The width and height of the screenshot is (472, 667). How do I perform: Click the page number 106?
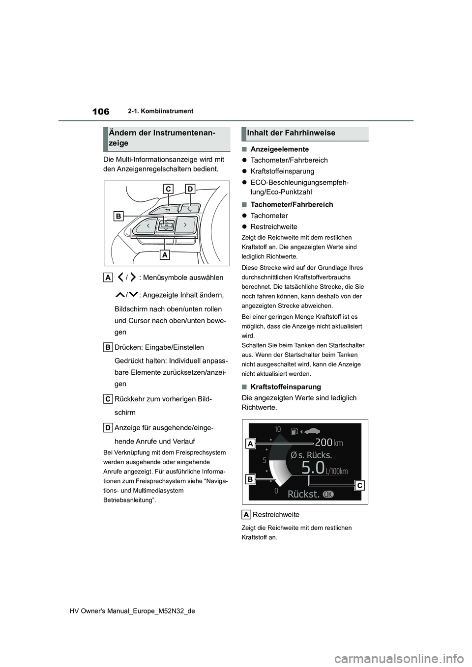tap(100, 112)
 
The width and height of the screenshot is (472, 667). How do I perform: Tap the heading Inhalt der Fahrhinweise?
tap(291, 133)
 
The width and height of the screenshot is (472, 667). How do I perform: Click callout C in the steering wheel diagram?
tap(168, 189)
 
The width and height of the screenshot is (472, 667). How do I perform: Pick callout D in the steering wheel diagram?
tap(190, 189)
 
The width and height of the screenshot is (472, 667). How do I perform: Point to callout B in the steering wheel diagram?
tap(119, 215)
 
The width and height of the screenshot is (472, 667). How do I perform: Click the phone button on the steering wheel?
tap(189, 209)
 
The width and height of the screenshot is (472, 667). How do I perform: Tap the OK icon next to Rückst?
tap(328, 494)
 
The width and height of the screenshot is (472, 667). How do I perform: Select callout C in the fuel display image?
tap(359, 485)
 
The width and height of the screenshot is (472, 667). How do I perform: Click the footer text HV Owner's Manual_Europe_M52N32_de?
tap(134, 611)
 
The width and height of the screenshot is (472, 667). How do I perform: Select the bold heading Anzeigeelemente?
tap(279, 149)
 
